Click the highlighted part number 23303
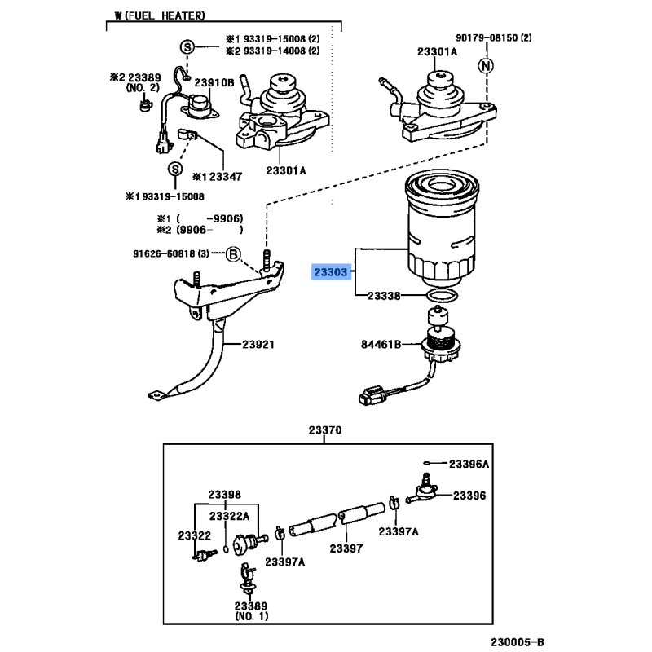(332, 272)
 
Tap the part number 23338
(383, 297)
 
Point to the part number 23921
(258, 344)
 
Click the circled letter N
(485, 65)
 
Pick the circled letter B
(232, 256)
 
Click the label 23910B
(218, 83)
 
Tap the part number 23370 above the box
(324, 430)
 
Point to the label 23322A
(230, 517)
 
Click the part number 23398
(224, 495)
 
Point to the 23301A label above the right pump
(437, 51)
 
